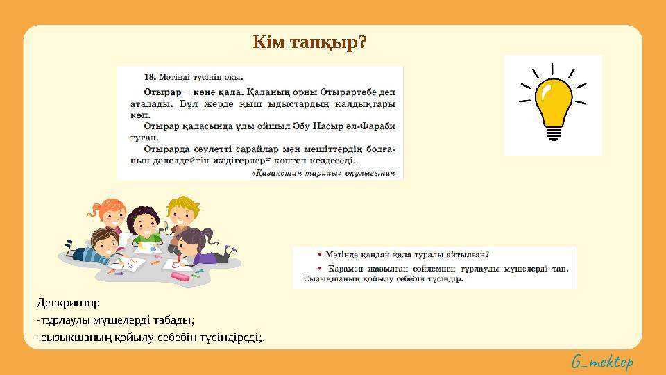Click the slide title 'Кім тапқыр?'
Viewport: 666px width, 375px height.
309,43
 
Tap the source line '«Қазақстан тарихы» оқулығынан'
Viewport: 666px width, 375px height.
323,173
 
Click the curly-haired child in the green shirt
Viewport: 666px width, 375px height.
144,226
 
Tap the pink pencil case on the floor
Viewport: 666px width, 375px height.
179,276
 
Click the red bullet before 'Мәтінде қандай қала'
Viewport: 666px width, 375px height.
309,254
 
